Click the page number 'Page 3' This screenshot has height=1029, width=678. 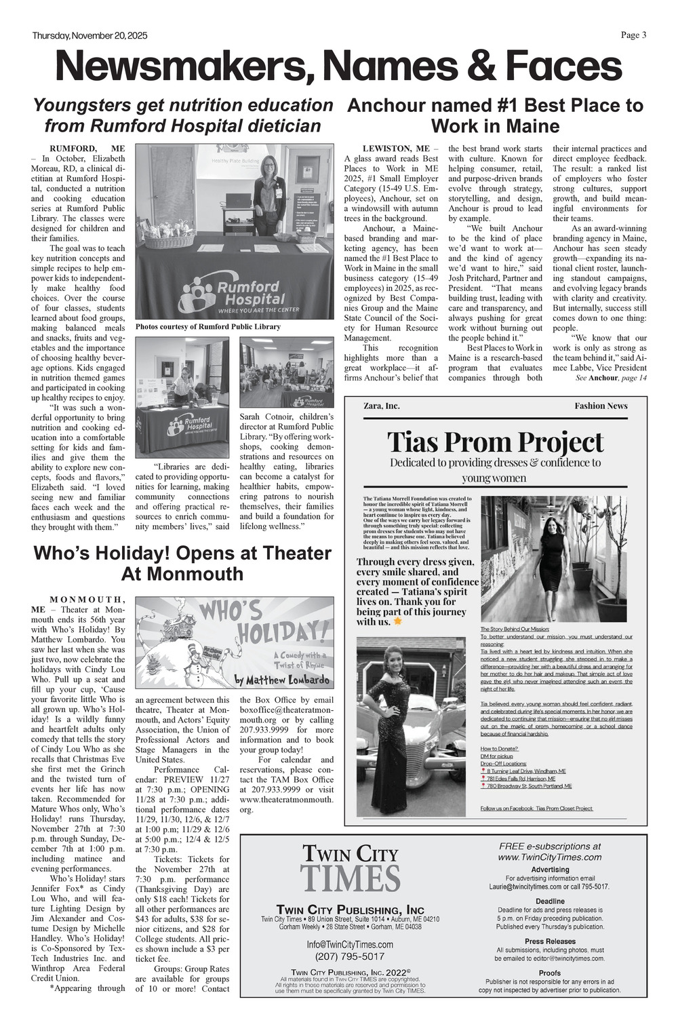click(633, 35)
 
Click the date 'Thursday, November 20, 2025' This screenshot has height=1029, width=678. click(89, 36)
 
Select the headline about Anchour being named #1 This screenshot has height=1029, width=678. click(495, 115)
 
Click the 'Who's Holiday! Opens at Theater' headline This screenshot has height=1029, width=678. click(182, 563)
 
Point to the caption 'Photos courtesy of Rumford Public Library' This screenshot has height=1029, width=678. click(207, 327)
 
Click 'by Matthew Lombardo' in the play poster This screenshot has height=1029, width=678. click(282, 680)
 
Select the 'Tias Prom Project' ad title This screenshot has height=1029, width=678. click(495, 442)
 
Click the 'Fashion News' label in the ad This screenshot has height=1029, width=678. click(601, 406)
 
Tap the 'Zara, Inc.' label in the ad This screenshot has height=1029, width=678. click(382, 406)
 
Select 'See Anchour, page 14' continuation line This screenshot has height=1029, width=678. click(611, 378)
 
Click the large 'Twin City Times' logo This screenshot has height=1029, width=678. click(350, 868)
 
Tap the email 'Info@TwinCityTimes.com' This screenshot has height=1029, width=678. click(350, 944)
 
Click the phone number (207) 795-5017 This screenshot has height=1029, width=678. click(350, 956)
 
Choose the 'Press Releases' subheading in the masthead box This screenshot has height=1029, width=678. click(549, 941)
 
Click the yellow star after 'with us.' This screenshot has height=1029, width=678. click(398, 621)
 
